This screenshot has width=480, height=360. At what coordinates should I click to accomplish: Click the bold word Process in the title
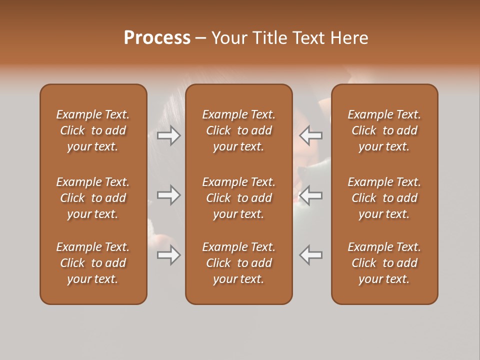[157, 38]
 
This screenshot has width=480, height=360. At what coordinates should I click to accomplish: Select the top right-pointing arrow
[169, 135]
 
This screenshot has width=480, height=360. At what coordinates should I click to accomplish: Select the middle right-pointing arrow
[169, 195]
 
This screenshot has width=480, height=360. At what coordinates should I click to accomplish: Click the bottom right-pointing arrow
[169, 255]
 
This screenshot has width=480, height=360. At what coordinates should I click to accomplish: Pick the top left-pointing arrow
[311, 135]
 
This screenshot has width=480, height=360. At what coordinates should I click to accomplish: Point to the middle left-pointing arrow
[311, 195]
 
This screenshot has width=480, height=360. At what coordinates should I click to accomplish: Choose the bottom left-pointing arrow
[311, 255]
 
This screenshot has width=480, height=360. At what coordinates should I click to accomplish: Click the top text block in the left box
[93, 130]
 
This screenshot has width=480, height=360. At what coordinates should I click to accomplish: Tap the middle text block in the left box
[93, 198]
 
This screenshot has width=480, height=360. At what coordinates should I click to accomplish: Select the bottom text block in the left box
[93, 263]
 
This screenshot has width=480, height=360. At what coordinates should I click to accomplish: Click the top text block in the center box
[238, 130]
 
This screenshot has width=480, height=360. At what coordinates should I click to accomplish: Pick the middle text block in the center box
[238, 198]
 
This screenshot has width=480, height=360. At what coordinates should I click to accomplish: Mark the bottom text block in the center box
[238, 263]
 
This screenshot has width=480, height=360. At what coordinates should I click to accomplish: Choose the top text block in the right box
[384, 130]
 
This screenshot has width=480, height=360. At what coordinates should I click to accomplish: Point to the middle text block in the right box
[384, 198]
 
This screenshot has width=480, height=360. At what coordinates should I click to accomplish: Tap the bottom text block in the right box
[384, 263]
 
